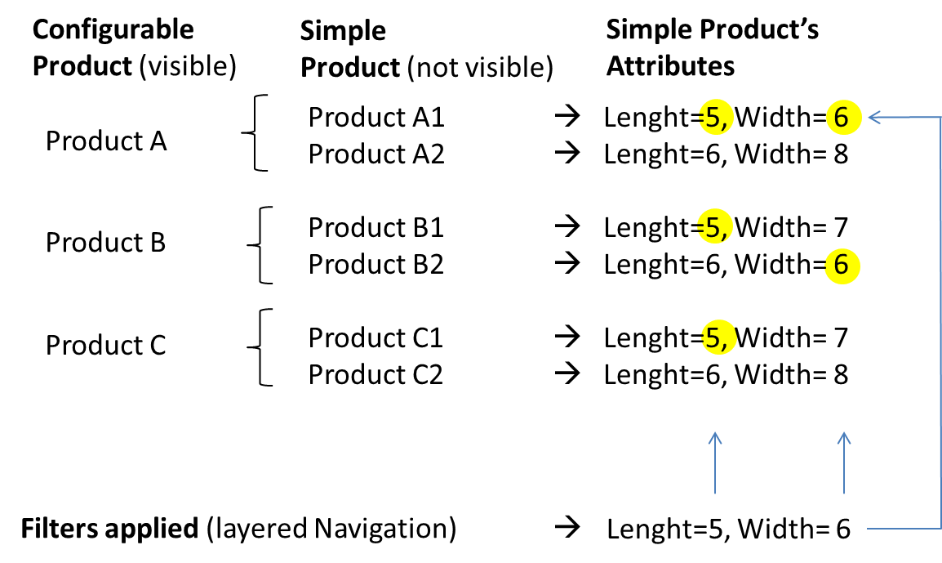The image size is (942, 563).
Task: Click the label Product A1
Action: [x=375, y=118]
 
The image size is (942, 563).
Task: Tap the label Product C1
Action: [x=375, y=337]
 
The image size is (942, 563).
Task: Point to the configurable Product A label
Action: [x=106, y=141]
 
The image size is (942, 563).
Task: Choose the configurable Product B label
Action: [x=106, y=243]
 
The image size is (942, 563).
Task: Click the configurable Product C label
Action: [x=106, y=345]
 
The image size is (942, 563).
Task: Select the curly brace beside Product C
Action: [x=260, y=346]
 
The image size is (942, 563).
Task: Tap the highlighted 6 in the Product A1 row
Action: [x=842, y=118]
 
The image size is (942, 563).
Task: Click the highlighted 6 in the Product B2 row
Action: [x=842, y=265]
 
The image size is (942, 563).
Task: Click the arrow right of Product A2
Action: [x=565, y=153]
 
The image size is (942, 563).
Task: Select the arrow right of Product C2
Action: [x=565, y=374]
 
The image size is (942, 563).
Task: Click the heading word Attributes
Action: [x=670, y=65]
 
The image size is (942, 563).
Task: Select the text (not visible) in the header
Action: [x=479, y=67]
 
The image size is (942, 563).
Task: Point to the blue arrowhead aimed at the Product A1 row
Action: [x=875, y=118]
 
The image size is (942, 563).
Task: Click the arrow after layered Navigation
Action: [x=565, y=529]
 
